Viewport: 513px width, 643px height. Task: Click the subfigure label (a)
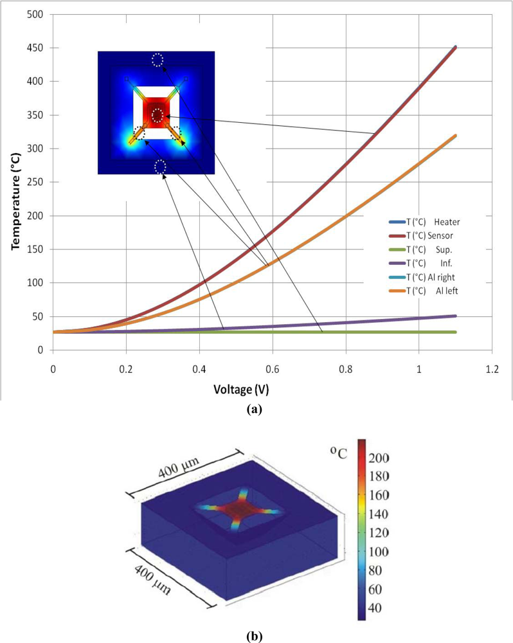pyautogui.click(x=255, y=408)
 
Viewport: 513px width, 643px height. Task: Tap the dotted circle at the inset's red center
pyautogui.click(x=158, y=115)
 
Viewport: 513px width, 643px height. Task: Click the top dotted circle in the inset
pyautogui.click(x=157, y=60)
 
